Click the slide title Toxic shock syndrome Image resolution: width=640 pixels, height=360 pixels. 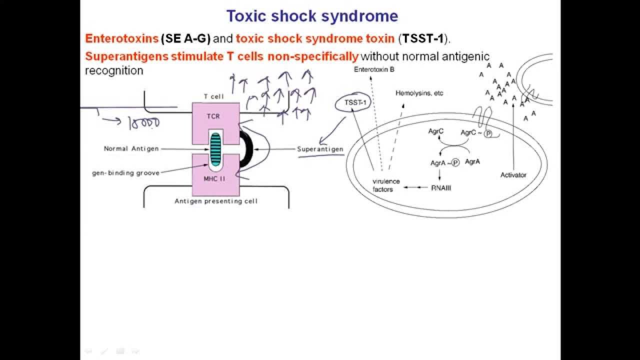click(x=312, y=16)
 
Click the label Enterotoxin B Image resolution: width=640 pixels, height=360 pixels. click(x=374, y=69)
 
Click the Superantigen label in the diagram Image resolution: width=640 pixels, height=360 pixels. click(x=320, y=149)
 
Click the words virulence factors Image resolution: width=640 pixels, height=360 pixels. click(x=383, y=185)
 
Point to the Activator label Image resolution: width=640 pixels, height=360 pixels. click(x=513, y=175)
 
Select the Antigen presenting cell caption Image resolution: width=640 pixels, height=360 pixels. click(x=216, y=201)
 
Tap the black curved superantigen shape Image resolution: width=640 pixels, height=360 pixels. click(x=247, y=149)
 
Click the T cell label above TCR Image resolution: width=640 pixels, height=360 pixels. click(x=214, y=96)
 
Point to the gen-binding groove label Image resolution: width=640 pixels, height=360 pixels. click(x=125, y=173)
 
